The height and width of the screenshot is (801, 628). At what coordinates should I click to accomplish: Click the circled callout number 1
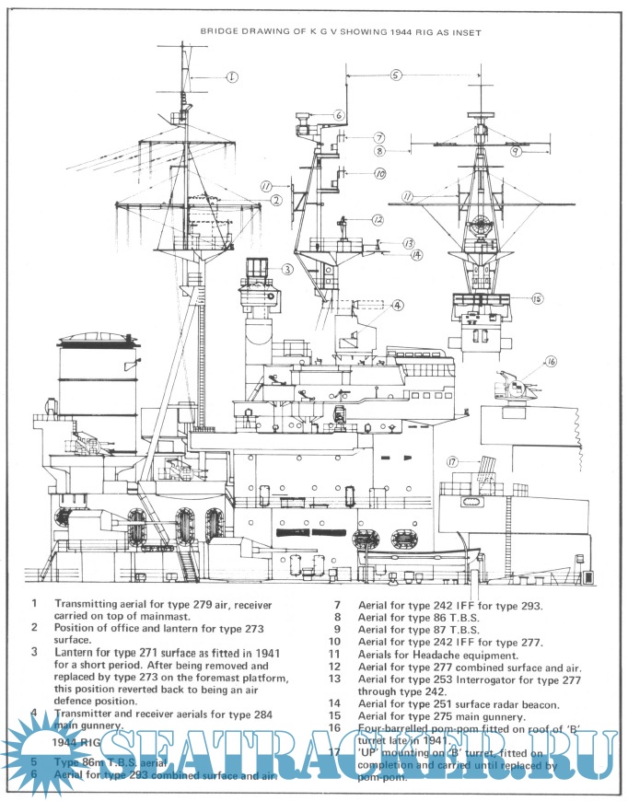[232, 77]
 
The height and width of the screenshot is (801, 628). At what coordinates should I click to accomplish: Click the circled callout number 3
[287, 270]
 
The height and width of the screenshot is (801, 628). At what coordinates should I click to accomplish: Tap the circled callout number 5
[395, 75]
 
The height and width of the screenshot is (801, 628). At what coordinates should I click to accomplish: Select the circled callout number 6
[339, 116]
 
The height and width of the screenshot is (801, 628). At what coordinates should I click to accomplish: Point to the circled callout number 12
[378, 220]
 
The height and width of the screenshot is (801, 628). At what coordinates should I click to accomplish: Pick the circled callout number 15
[537, 298]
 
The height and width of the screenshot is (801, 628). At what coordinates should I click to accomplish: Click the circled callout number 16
[552, 362]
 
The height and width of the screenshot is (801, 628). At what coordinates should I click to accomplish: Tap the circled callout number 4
[397, 305]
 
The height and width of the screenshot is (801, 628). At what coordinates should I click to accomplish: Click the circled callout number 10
[378, 173]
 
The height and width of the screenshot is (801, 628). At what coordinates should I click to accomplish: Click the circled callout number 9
[516, 150]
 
